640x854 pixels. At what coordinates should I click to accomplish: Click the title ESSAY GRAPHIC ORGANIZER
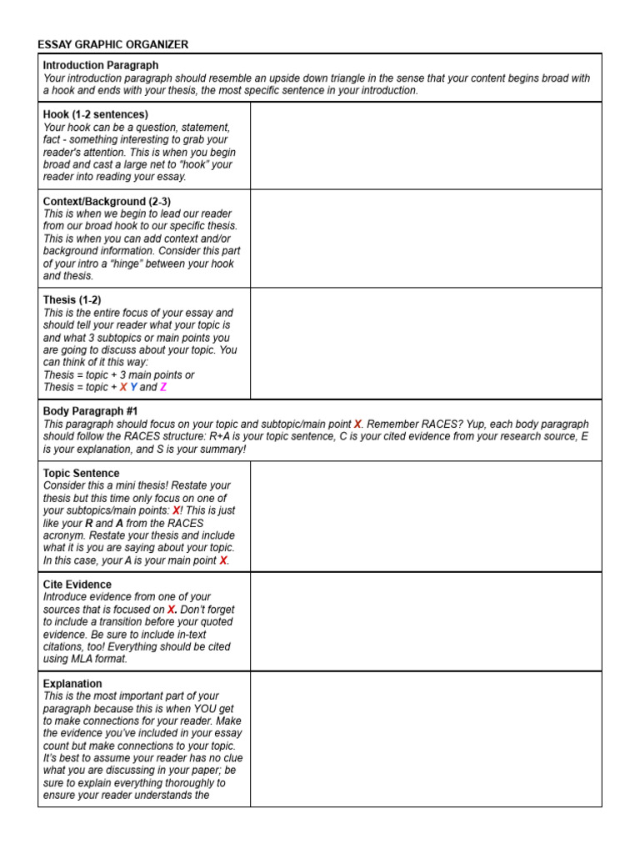point(112,44)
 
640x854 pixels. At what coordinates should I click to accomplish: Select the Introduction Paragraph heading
point(100,65)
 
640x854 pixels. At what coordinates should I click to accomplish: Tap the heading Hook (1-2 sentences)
point(95,114)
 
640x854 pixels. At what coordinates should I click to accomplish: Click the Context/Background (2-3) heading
point(107,201)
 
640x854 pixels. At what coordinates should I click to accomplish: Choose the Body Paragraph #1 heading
point(90,412)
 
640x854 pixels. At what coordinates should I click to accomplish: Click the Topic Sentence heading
point(81,474)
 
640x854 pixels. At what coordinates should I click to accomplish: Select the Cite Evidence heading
point(77,585)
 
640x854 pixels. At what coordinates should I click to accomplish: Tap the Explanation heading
point(72,684)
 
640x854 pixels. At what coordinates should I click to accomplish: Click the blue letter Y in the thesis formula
point(133,388)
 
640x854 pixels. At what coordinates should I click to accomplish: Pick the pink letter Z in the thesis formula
point(163,388)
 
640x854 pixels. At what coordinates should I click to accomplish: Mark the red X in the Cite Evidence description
point(171,610)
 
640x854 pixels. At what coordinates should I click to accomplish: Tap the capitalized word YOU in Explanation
point(192,709)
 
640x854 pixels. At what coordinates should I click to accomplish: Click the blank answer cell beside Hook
point(425,145)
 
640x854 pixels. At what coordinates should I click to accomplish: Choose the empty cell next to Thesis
point(425,343)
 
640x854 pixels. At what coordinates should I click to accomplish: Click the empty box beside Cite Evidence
point(425,621)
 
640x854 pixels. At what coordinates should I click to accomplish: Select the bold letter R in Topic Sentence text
point(89,523)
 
